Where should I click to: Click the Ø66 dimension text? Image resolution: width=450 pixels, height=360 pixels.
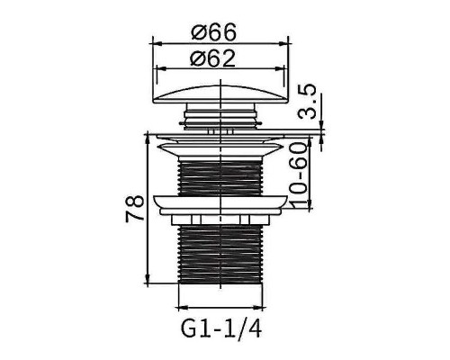coord(213,31)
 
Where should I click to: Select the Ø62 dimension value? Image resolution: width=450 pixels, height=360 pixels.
coord(213,59)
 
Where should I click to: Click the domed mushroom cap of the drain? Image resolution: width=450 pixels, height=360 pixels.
coord(221,94)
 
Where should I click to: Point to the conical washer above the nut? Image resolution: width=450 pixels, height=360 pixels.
coord(221,203)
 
